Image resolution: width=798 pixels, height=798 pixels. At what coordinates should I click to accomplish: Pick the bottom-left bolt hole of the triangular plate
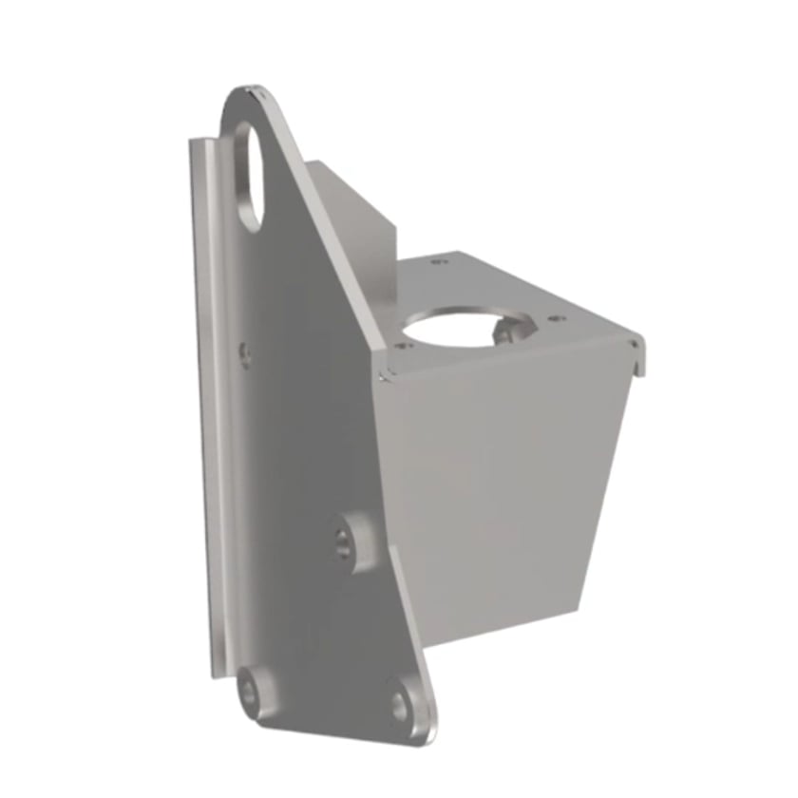tap(250, 693)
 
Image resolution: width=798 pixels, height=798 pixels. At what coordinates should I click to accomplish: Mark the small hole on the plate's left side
tap(245, 353)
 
